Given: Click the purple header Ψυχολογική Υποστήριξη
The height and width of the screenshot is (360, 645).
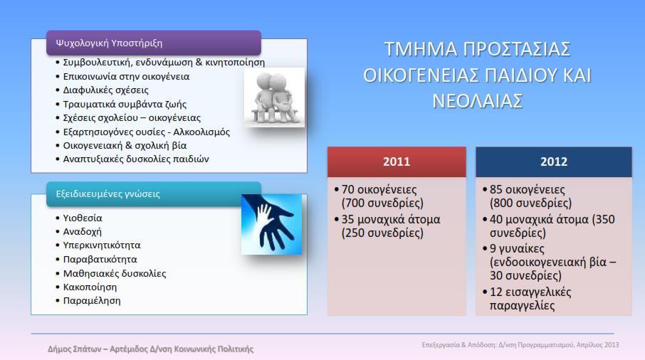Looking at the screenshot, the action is (x=154, y=43).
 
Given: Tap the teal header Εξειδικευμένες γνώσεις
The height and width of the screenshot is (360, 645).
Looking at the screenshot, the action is (x=154, y=194).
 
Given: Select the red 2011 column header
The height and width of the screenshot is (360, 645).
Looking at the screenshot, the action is (x=397, y=162).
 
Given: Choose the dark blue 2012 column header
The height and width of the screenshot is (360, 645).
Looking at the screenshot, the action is (x=554, y=162).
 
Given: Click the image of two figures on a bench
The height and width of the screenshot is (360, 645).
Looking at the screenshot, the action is (x=274, y=97).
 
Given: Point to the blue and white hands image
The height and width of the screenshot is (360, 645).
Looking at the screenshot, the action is (x=271, y=224).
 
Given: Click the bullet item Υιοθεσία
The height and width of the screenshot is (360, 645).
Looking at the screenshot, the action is (x=83, y=218).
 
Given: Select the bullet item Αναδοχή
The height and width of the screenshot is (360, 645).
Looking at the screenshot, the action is (x=82, y=231).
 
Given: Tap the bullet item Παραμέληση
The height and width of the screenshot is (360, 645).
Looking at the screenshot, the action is (x=92, y=300).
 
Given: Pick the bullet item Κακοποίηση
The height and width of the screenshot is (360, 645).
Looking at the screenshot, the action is (x=90, y=287).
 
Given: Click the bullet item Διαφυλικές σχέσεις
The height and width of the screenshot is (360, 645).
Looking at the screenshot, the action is (x=105, y=90).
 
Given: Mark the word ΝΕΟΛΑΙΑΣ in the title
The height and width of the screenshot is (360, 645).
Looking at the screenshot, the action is (x=477, y=101).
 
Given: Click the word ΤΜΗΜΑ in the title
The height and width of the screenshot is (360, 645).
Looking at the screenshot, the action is (x=421, y=49).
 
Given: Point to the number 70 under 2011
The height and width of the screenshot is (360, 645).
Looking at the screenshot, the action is (x=348, y=189).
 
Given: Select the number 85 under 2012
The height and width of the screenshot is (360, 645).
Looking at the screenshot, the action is (x=496, y=189).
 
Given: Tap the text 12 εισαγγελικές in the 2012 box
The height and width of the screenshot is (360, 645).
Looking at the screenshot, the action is (x=530, y=292).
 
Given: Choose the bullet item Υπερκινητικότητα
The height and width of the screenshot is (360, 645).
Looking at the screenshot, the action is (x=102, y=245).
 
